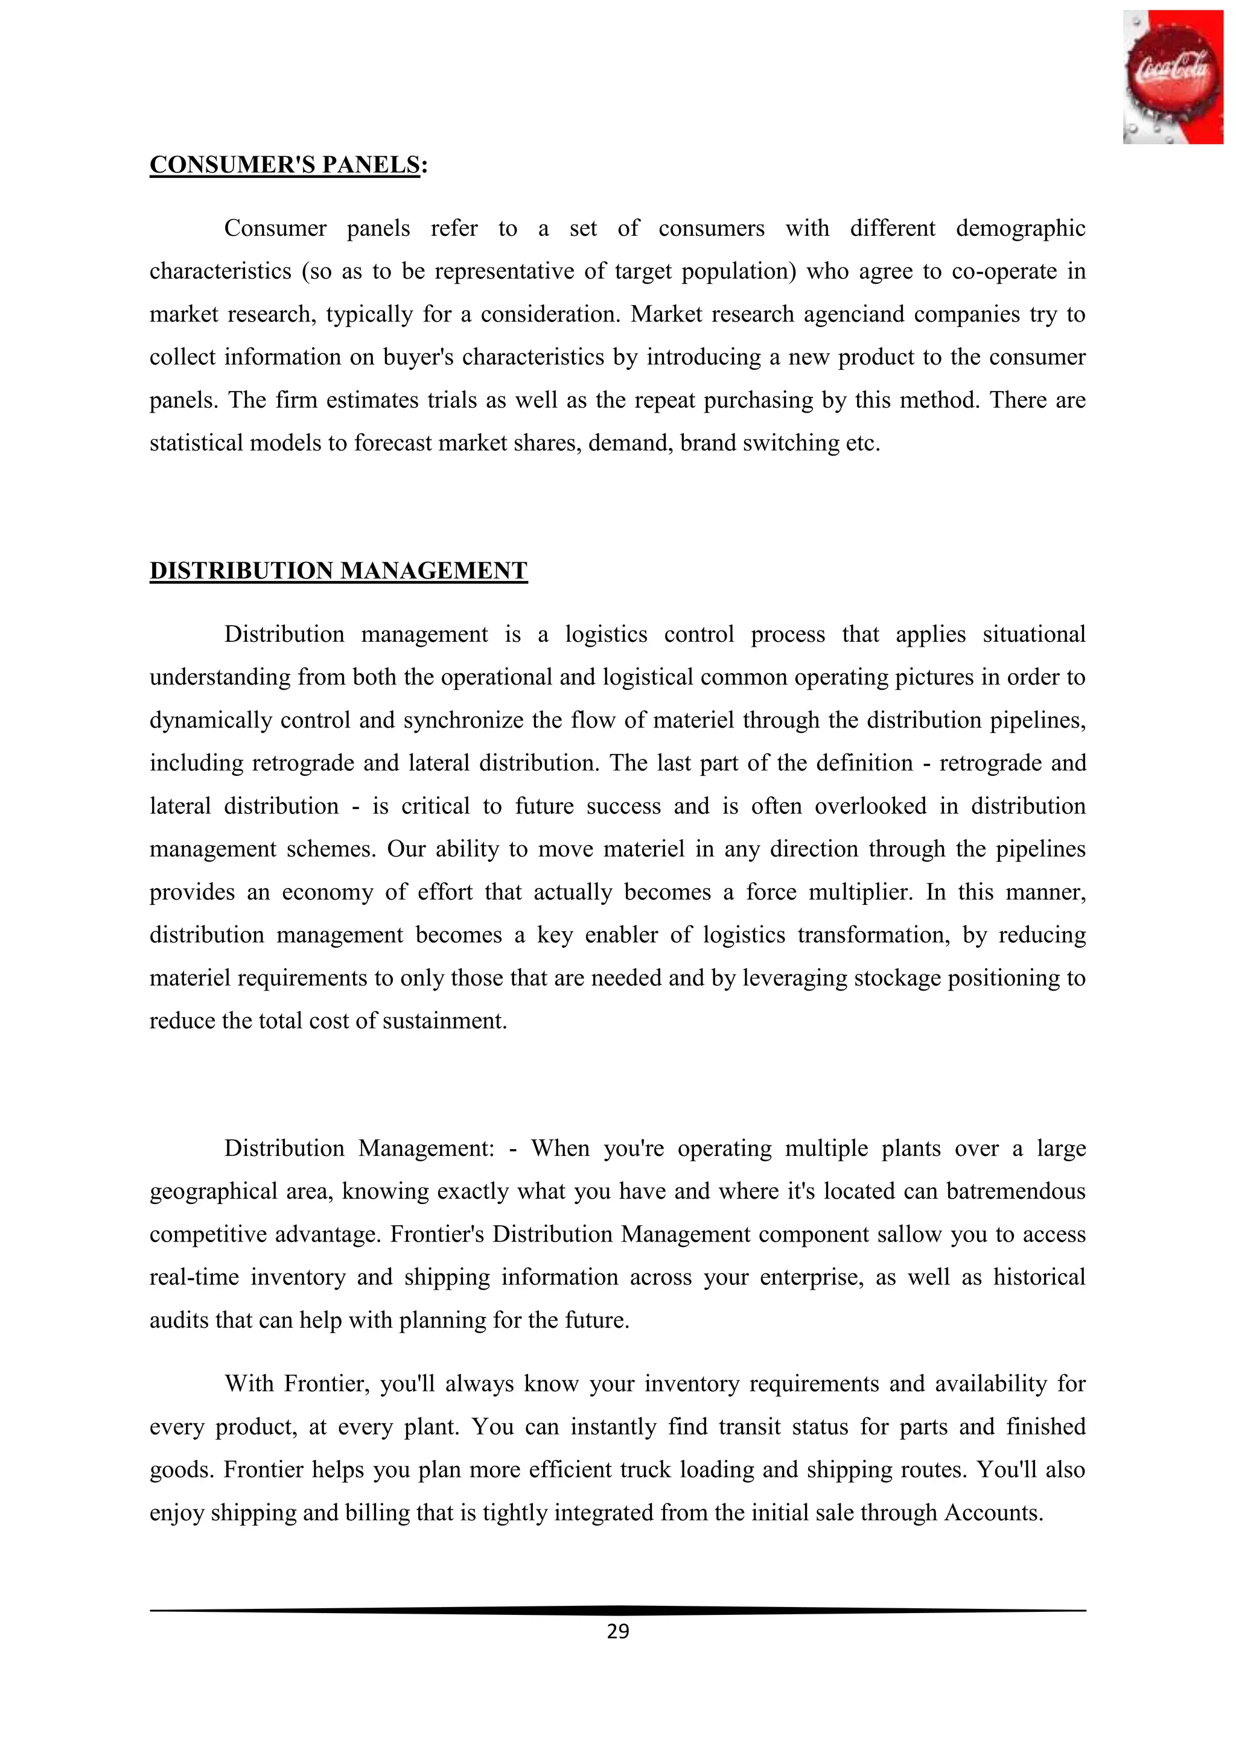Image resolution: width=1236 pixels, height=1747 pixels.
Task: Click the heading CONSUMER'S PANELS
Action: pos(285,165)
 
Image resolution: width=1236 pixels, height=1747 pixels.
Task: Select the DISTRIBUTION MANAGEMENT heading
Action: pos(339,571)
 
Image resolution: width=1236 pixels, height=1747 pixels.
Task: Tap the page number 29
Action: pos(618,1631)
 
